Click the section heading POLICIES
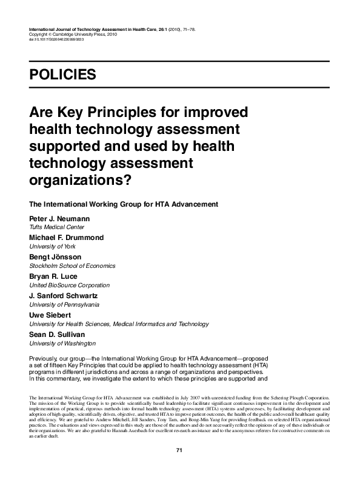tap(62, 75)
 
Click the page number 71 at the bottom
tap(179, 450)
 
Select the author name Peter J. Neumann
tap(59, 217)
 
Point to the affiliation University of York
tap(53, 247)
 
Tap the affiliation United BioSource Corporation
tap(69, 285)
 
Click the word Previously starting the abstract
tap(47, 359)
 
